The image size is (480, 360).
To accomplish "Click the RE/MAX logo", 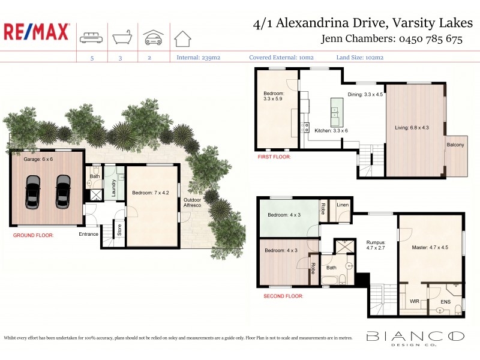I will [x=37, y=32].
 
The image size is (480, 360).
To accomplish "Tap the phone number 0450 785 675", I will [x=430, y=40].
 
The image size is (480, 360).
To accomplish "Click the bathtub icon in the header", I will [x=122, y=37].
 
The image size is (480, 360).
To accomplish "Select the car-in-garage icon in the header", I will [x=153, y=37].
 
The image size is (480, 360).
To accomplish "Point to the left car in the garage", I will [x=32, y=191].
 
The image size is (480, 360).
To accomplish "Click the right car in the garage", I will [x=62, y=191].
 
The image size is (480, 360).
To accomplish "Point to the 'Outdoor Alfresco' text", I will [x=193, y=203].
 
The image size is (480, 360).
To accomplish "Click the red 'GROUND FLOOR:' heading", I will [x=33, y=236].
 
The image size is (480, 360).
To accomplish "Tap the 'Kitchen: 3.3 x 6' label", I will [x=331, y=130].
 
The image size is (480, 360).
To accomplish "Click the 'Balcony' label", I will [x=455, y=145].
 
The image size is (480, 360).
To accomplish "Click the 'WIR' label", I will [x=414, y=300].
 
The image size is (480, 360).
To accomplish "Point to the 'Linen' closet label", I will [x=342, y=205].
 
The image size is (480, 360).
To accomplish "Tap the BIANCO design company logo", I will [x=415, y=338].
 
